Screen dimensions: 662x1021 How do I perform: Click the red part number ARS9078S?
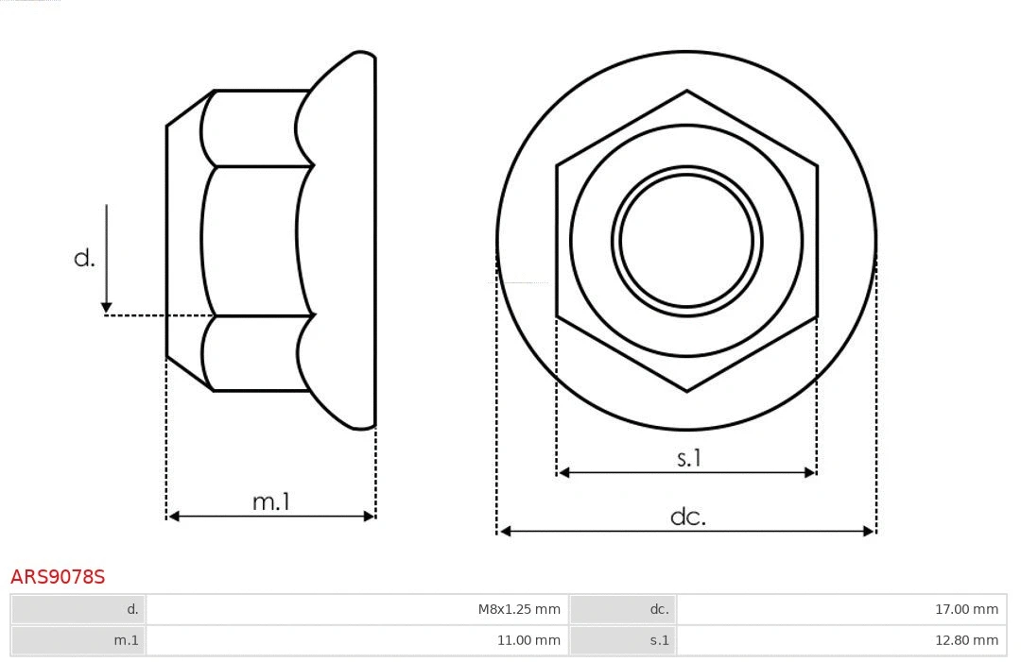coord(58,577)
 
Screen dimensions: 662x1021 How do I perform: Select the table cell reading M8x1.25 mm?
coord(518,609)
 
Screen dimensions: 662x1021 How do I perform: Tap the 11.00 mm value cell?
coord(528,640)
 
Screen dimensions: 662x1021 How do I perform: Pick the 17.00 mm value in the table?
coord(966,609)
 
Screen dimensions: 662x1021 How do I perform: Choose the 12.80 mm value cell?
coord(966,640)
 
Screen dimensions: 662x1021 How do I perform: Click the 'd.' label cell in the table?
coord(132,609)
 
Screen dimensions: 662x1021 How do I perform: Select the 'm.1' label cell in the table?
coord(127,640)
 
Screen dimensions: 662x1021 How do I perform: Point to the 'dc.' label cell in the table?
coord(659,609)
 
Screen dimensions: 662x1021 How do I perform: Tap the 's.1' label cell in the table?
coord(659,640)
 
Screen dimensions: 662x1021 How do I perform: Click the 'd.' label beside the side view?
coord(84,258)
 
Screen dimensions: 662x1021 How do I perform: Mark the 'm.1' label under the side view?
coord(270,501)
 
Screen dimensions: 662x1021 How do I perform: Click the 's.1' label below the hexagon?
coord(688,459)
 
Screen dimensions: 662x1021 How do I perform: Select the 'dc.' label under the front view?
coord(687,517)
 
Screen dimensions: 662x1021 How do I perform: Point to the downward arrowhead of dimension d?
coord(107,307)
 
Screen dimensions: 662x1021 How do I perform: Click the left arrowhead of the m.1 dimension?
coord(173,516)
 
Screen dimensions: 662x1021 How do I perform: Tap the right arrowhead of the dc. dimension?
coord(870,531)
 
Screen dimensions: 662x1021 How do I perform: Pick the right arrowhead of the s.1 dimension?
coord(810,472)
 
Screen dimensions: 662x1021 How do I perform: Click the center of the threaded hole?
coord(686,240)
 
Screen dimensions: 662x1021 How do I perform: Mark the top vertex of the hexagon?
coord(686,91)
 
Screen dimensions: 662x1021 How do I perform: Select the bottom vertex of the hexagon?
coord(686,390)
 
